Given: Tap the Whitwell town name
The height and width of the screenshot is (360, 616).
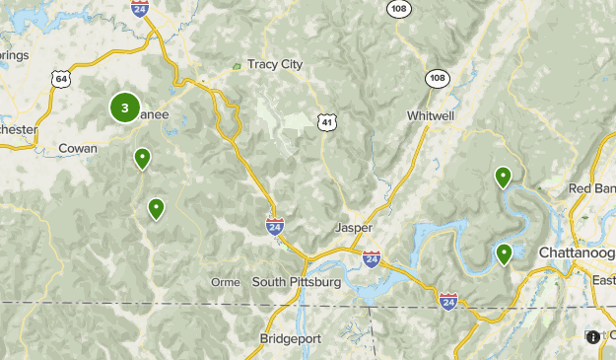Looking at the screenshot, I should point(431,116).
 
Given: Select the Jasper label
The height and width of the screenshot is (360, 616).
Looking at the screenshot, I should point(354,228).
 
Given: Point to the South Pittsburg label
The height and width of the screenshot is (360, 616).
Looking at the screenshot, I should point(296,282).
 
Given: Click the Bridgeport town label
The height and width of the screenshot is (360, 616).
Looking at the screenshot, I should point(291,338).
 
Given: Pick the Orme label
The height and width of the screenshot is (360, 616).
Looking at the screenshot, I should point(226,282).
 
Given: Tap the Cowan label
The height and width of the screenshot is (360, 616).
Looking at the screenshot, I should point(78,149).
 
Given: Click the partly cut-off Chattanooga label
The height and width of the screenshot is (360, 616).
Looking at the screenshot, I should point(578,253).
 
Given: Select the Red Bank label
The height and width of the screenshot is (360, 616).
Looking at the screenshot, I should point(592,189).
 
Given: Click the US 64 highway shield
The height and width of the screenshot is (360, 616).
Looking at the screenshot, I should point(62,78).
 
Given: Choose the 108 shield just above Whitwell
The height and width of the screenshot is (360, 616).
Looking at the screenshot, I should point(437,77).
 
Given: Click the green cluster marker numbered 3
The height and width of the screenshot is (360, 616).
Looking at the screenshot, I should point(124,108).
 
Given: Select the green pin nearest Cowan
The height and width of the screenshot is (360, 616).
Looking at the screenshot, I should point(143,157).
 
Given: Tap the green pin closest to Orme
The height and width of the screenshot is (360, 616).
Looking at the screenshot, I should point(156,207).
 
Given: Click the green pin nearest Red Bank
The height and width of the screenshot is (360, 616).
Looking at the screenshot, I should point(503,177).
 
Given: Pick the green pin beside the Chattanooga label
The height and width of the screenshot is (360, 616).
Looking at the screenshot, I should point(504,253).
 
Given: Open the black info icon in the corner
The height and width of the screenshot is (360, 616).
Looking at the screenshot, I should point(593,337).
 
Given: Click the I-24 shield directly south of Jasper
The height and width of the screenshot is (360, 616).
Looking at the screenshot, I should point(371,259).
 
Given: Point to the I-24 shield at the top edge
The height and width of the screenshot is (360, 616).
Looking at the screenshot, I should point(139,6).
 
